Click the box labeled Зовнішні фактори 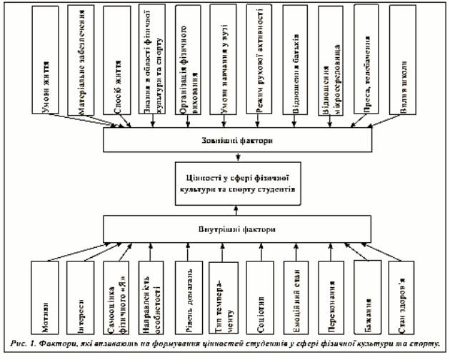pos(236,141)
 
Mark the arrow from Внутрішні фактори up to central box pos(236,209)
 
